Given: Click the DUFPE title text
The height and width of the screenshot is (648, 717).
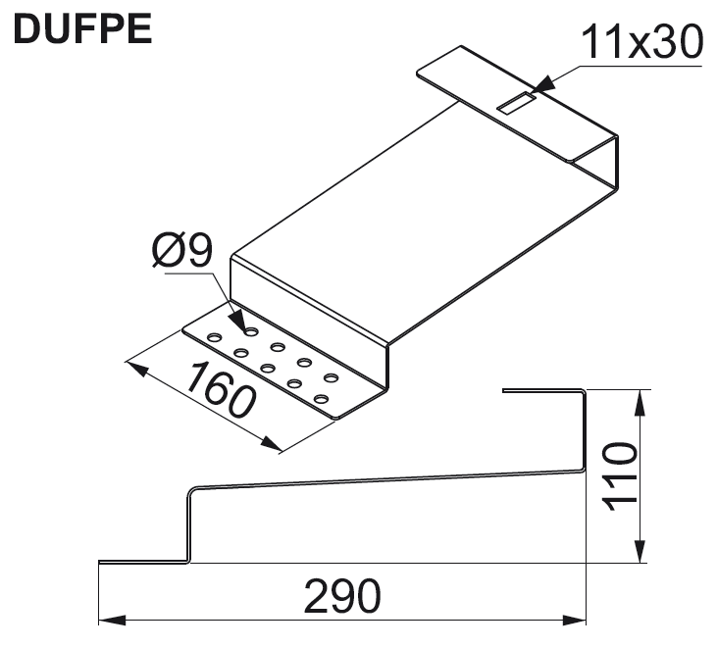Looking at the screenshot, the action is tap(82, 28).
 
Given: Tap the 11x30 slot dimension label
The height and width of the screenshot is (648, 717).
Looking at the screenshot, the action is tap(642, 41).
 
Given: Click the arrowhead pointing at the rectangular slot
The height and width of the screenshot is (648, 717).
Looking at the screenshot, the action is tap(542, 87).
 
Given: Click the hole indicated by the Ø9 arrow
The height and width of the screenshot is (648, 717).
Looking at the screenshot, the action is tap(250, 331).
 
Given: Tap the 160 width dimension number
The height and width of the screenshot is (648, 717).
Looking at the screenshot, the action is tap(221, 390).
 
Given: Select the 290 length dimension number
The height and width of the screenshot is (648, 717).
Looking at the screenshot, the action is tap(342, 596).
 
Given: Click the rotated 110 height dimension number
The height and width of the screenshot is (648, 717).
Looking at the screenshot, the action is tap(620, 476).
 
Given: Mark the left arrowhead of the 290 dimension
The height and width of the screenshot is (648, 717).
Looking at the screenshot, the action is tap(112, 621).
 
